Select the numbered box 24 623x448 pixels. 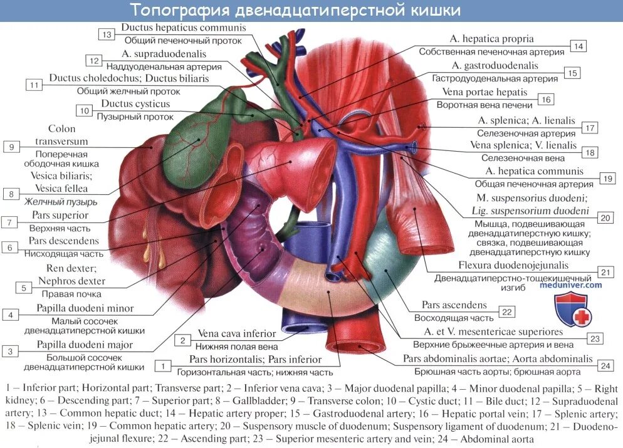[604, 365]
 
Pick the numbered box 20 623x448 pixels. [604, 217]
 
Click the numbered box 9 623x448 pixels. [11, 147]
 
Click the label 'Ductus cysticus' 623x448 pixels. [135, 104]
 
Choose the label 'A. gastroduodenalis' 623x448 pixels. [495, 66]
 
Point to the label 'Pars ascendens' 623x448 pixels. [454, 305]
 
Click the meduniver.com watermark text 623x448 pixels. [570, 285]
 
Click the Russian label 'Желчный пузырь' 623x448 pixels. [61, 202]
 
